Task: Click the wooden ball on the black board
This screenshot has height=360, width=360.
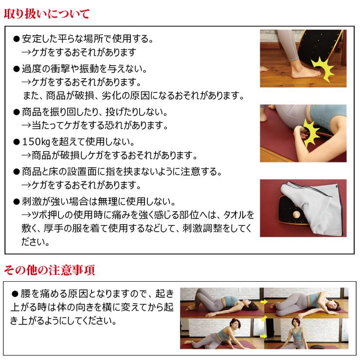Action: click(296, 215)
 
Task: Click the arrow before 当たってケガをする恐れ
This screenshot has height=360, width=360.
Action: click(27, 126)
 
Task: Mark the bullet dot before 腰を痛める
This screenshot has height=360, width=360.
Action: click(15, 295)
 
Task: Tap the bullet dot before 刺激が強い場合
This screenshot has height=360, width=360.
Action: click(16, 201)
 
